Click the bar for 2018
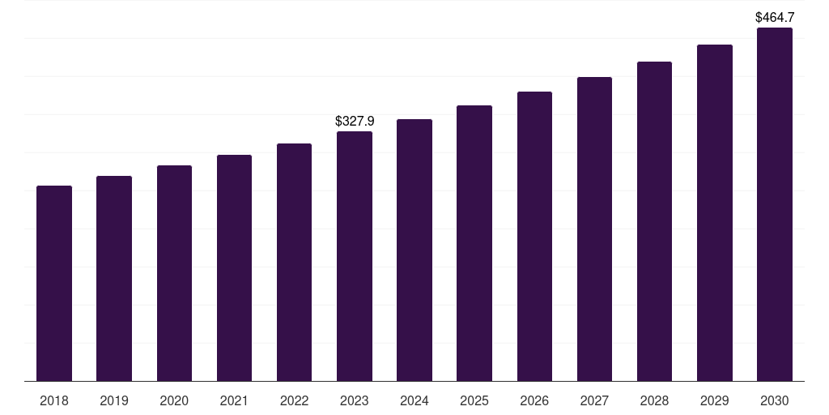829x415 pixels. click(x=54, y=284)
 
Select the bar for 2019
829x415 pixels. click(x=114, y=279)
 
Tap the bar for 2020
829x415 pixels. click(x=174, y=273)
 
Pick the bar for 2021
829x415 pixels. click(x=234, y=268)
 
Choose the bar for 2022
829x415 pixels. click(x=294, y=263)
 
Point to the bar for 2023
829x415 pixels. click(x=355, y=256)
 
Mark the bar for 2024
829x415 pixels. click(x=414, y=250)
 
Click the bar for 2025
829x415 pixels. click(x=474, y=243)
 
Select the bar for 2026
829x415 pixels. click(x=534, y=237)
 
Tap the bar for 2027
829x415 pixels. click(x=594, y=229)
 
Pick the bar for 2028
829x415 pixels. click(x=654, y=221)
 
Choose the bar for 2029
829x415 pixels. click(x=715, y=213)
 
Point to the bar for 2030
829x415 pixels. click(x=775, y=204)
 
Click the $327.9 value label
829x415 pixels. click(x=355, y=121)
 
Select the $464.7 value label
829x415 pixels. click(x=775, y=17)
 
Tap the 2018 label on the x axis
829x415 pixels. click(x=54, y=400)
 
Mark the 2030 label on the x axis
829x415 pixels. click(x=775, y=400)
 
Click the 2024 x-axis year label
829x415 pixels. click(x=414, y=400)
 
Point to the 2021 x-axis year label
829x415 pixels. click(x=234, y=400)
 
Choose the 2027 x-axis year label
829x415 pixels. click(x=594, y=400)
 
